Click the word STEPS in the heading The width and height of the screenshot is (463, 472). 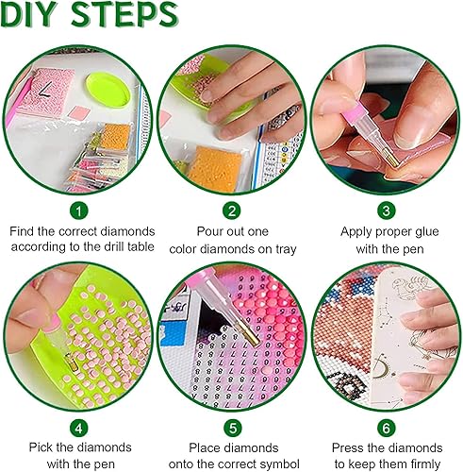pos(122,16)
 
